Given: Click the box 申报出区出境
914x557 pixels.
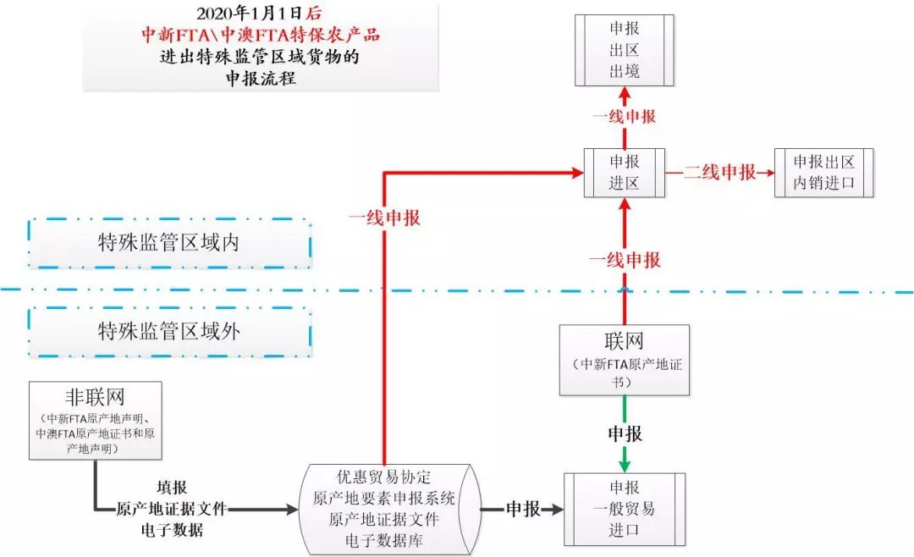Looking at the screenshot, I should click(x=625, y=50).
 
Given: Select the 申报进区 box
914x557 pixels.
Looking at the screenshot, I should click(x=625, y=173).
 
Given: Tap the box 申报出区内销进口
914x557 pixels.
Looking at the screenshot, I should click(x=824, y=173).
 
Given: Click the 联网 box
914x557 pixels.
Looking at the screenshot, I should click(x=625, y=360).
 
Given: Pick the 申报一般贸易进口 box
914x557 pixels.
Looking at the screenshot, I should click(x=625, y=510).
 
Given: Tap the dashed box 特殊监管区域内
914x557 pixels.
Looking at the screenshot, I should click(x=169, y=244).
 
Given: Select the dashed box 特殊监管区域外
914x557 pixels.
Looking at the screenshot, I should click(x=169, y=331).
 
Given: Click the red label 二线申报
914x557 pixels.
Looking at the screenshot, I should click(x=719, y=173).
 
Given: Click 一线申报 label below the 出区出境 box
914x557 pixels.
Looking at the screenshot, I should click(x=625, y=116).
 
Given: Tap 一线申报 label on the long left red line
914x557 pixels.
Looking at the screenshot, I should click(x=384, y=218).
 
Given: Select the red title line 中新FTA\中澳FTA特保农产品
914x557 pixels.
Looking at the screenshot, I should click(x=261, y=36).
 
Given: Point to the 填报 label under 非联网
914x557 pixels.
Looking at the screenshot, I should click(x=172, y=488).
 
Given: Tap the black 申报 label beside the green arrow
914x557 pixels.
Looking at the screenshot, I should click(x=625, y=434).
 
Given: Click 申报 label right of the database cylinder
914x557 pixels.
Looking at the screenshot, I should click(x=523, y=510).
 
